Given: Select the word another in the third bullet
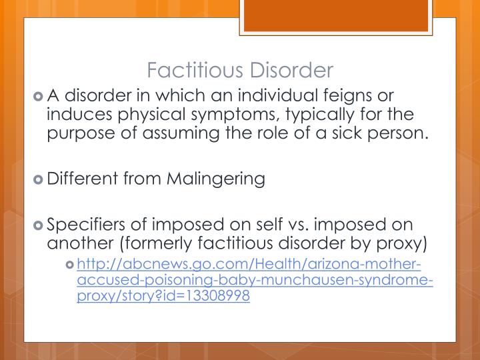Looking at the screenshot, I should click(x=73, y=242).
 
